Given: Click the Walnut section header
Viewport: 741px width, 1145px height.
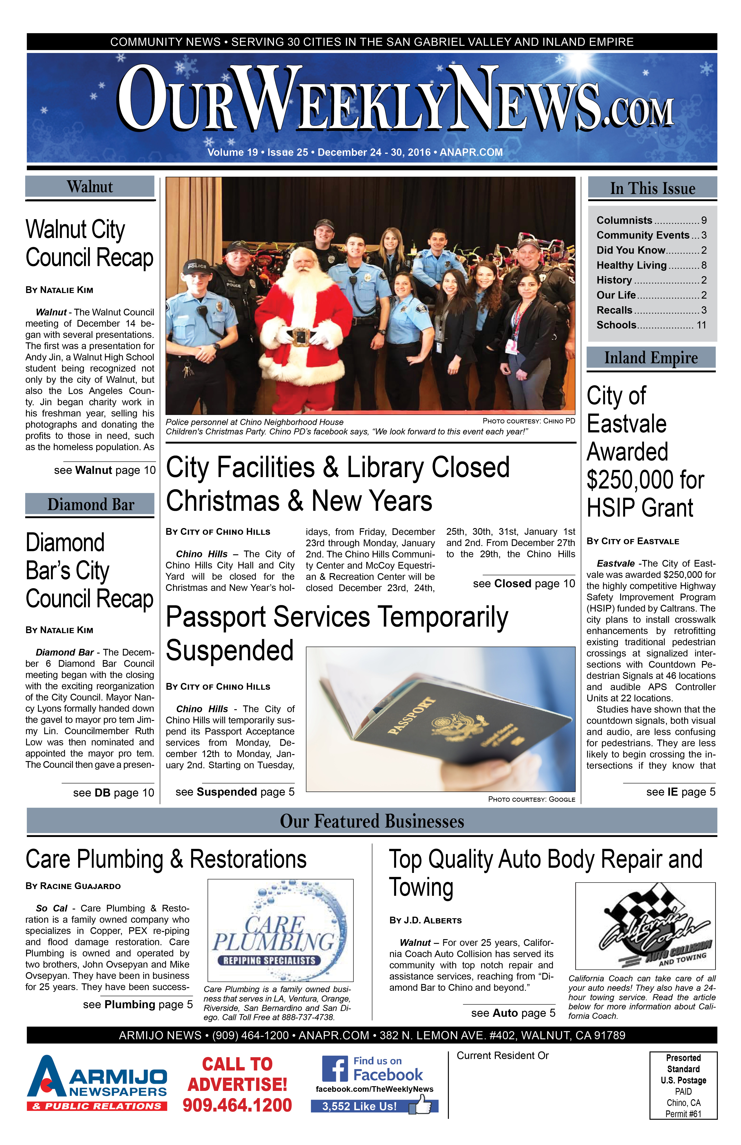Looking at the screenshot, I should click(x=90, y=187).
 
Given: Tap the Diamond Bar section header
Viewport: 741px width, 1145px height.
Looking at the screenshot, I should click(x=90, y=504).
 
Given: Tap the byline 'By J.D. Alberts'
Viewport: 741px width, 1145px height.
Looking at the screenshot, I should click(x=425, y=920).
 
